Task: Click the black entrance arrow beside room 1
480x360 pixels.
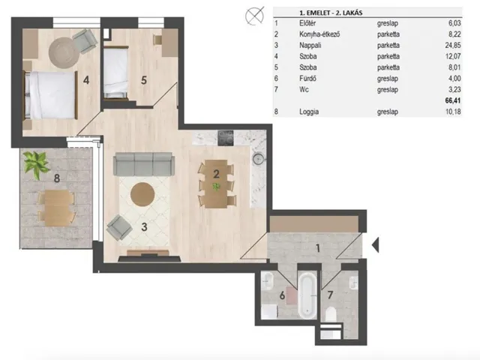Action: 376,244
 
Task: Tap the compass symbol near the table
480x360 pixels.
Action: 255,16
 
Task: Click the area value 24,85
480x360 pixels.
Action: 453,45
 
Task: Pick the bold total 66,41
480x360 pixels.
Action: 453,100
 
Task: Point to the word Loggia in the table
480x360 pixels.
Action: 309,112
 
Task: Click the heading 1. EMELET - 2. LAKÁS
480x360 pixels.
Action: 331,13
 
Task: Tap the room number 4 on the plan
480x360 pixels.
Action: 86,80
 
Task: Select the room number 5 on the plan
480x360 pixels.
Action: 144,80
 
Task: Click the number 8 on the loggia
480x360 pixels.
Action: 57,178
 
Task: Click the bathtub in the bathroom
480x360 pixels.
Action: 307,295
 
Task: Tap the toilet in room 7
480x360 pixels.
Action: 330,314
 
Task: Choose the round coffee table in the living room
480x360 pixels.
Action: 142,194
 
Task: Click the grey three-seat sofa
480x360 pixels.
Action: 144,164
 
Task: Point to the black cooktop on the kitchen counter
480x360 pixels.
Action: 225,138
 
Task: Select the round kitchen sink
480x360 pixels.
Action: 258,158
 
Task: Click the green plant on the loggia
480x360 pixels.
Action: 37,164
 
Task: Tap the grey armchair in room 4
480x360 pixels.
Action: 85,41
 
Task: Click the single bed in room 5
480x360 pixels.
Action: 115,73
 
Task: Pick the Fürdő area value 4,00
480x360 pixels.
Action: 454,78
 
